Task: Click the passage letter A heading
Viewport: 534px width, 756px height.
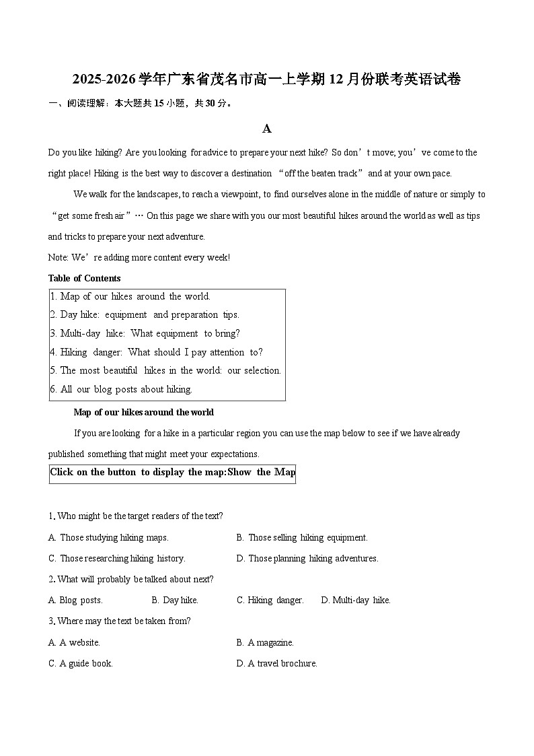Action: pyautogui.click(x=267, y=129)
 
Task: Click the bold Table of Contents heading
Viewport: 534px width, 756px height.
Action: pyautogui.click(x=85, y=278)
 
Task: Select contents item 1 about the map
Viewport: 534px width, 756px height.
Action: pyautogui.click(x=130, y=296)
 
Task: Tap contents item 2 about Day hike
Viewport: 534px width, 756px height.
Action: pyautogui.click(x=144, y=314)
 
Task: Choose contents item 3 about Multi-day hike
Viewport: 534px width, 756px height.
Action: pyautogui.click(x=145, y=333)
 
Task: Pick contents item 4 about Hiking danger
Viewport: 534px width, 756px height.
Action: pyautogui.click(x=156, y=352)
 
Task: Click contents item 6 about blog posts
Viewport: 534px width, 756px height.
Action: pyautogui.click(x=121, y=389)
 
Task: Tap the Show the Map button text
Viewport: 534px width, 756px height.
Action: pyautogui.click(x=262, y=472)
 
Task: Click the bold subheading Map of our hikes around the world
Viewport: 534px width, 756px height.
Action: pyautogui.click(x=143, y=412)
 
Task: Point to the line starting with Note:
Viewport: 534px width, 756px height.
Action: pyautogui.click(x=139, y=257)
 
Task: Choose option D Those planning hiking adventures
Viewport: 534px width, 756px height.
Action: pyautogui.click(x=307, y=558)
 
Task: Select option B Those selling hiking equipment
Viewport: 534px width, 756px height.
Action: pyautogui.click(x=302, y=537)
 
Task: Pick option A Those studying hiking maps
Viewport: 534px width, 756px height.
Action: pyautogui.click(x=108, y=537)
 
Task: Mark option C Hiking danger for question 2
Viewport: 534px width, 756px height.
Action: pyautogui.click(x=270, y=600)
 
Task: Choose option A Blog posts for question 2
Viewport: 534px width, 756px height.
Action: pyautogui.click(x=75, y=600)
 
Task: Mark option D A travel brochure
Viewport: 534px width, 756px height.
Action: pyautogui.click(x=276, y=663)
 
